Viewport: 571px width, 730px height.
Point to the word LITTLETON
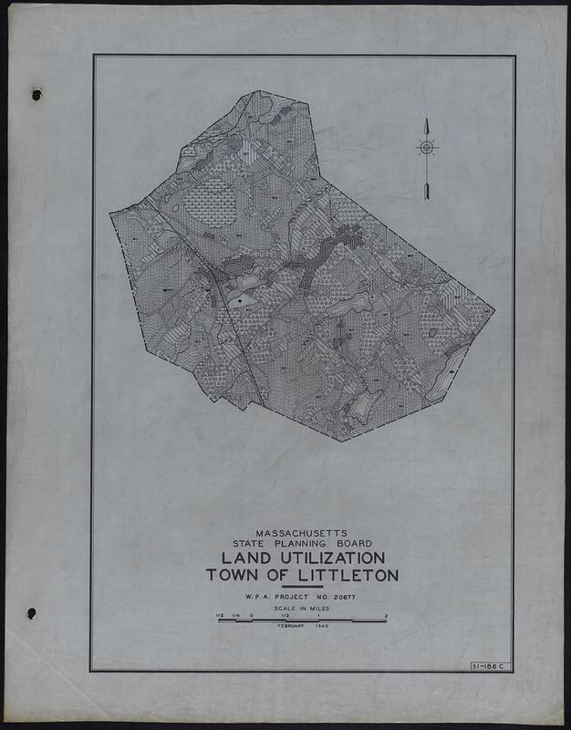(x=344, y=575)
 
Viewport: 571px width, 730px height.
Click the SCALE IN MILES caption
(x=301, y=608)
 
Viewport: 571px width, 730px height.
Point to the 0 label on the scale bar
(x=251, y=615)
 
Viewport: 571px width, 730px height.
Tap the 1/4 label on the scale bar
(x=235, y=615)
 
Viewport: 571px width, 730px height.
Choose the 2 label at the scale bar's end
(x=387, y=615)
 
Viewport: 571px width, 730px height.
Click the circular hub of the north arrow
(x=427, y=147)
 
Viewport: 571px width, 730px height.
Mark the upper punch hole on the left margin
(x=36, y=94)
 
